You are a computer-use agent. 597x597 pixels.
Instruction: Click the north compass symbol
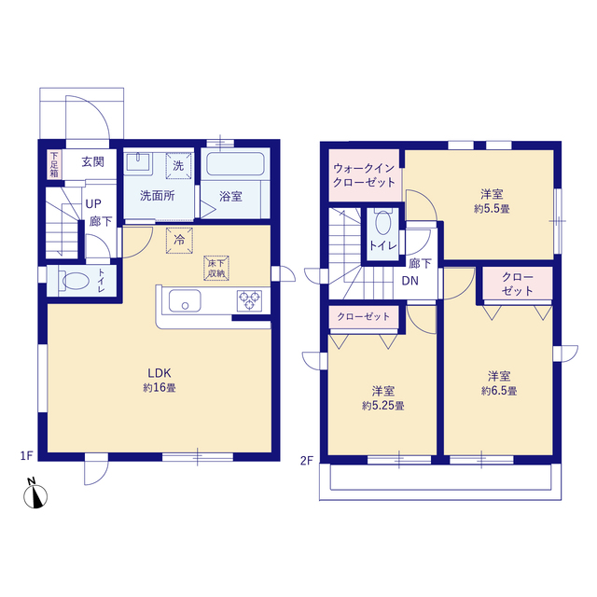point(35,496)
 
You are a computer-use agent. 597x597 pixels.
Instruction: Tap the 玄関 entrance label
point(93,161)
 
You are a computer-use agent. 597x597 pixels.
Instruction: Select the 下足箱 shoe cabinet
point(54,164)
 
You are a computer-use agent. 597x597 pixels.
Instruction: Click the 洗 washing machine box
point(178,166)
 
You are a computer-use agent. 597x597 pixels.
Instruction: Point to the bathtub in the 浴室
point(235,164)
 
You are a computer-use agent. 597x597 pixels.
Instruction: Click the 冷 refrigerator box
point(179,241)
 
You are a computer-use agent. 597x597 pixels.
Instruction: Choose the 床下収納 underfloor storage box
point(216,268)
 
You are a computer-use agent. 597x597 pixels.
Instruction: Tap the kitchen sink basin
point(185,300)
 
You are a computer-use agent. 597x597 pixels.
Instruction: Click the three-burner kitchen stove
point(249,300)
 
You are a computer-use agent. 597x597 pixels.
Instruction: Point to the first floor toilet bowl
point(76,282)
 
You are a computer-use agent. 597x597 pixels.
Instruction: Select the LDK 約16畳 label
point(160,380)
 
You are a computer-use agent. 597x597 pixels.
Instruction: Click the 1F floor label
point(27,455)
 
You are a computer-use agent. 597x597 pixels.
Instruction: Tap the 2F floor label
point(307,461)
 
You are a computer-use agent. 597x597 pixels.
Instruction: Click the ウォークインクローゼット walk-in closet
point(364,175)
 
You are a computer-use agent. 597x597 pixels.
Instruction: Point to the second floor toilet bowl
point(382,223)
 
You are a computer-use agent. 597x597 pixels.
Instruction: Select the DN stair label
point(410,281)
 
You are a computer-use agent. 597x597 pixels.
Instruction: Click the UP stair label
point(93,203)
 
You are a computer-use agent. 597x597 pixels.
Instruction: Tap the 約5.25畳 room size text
point(383,406)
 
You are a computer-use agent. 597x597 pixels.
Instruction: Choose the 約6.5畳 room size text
point(499,391)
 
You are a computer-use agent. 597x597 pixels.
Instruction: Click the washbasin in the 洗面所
point(139,162)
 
